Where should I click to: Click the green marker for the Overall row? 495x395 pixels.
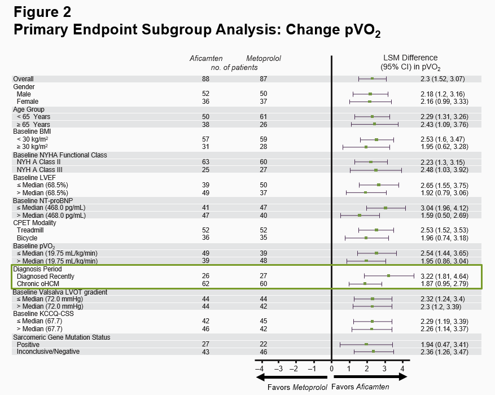[x=373, y=78]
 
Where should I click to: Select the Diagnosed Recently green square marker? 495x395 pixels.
[x=388, y=276]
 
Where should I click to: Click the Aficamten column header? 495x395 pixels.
[x=206, y=58]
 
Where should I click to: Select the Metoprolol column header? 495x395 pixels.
[x=264, y=58]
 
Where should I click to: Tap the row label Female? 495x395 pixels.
[x=28, y=102]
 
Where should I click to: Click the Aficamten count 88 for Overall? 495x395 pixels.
[x=205, y=79]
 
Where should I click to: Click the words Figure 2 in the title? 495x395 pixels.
[x=42, y=11]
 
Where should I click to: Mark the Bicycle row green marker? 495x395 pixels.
[x=366, y=238]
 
